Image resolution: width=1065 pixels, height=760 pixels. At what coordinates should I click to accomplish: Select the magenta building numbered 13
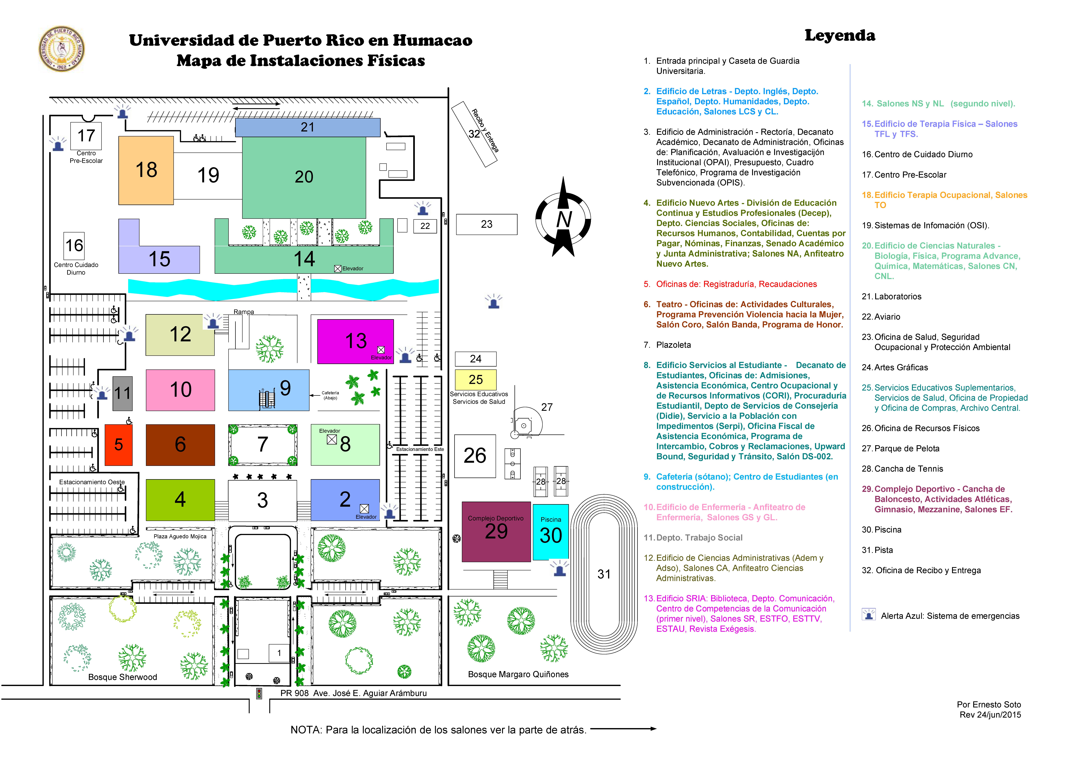(x=356, y=341)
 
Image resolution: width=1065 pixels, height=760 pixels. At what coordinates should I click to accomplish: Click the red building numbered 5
(x=119, y=445)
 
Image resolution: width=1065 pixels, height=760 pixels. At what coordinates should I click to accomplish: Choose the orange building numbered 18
(x=146, y=170)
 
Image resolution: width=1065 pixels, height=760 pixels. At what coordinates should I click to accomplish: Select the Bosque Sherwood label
(x=123, y=677)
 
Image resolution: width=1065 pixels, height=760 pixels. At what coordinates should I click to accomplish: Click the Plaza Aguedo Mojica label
(x=180, y=536)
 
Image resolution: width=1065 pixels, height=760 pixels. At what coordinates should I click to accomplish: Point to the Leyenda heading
(x=840, y=36)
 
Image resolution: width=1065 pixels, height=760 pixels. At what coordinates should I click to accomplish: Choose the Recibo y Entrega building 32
(x=474, y=134)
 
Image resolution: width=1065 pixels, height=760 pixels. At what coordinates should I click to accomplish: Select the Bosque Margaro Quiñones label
(x=518, y=674)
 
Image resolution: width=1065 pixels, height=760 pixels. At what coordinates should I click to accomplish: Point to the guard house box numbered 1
(x=279, y=653)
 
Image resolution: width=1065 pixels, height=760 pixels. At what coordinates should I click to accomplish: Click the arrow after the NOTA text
(x=623, y=729)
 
